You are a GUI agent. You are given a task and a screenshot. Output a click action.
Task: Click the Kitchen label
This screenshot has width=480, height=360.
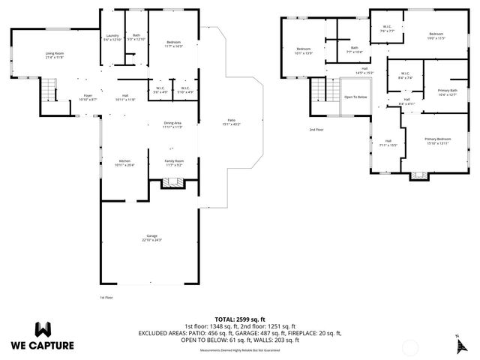pos(124,160)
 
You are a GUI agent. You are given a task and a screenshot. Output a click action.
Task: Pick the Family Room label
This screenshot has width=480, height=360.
pos(174,160)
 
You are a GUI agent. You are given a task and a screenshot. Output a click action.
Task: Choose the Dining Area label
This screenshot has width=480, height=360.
pos(173,124)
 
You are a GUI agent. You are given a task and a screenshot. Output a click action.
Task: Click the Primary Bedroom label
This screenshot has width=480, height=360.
pos(437,140)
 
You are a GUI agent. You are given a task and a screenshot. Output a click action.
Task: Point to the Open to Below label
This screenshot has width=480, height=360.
pos(355,97)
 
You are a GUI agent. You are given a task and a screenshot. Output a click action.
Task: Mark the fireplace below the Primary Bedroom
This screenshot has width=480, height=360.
pos(418,177)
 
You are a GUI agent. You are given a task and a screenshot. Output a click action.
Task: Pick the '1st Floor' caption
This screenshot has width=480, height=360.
pos(106,297)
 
